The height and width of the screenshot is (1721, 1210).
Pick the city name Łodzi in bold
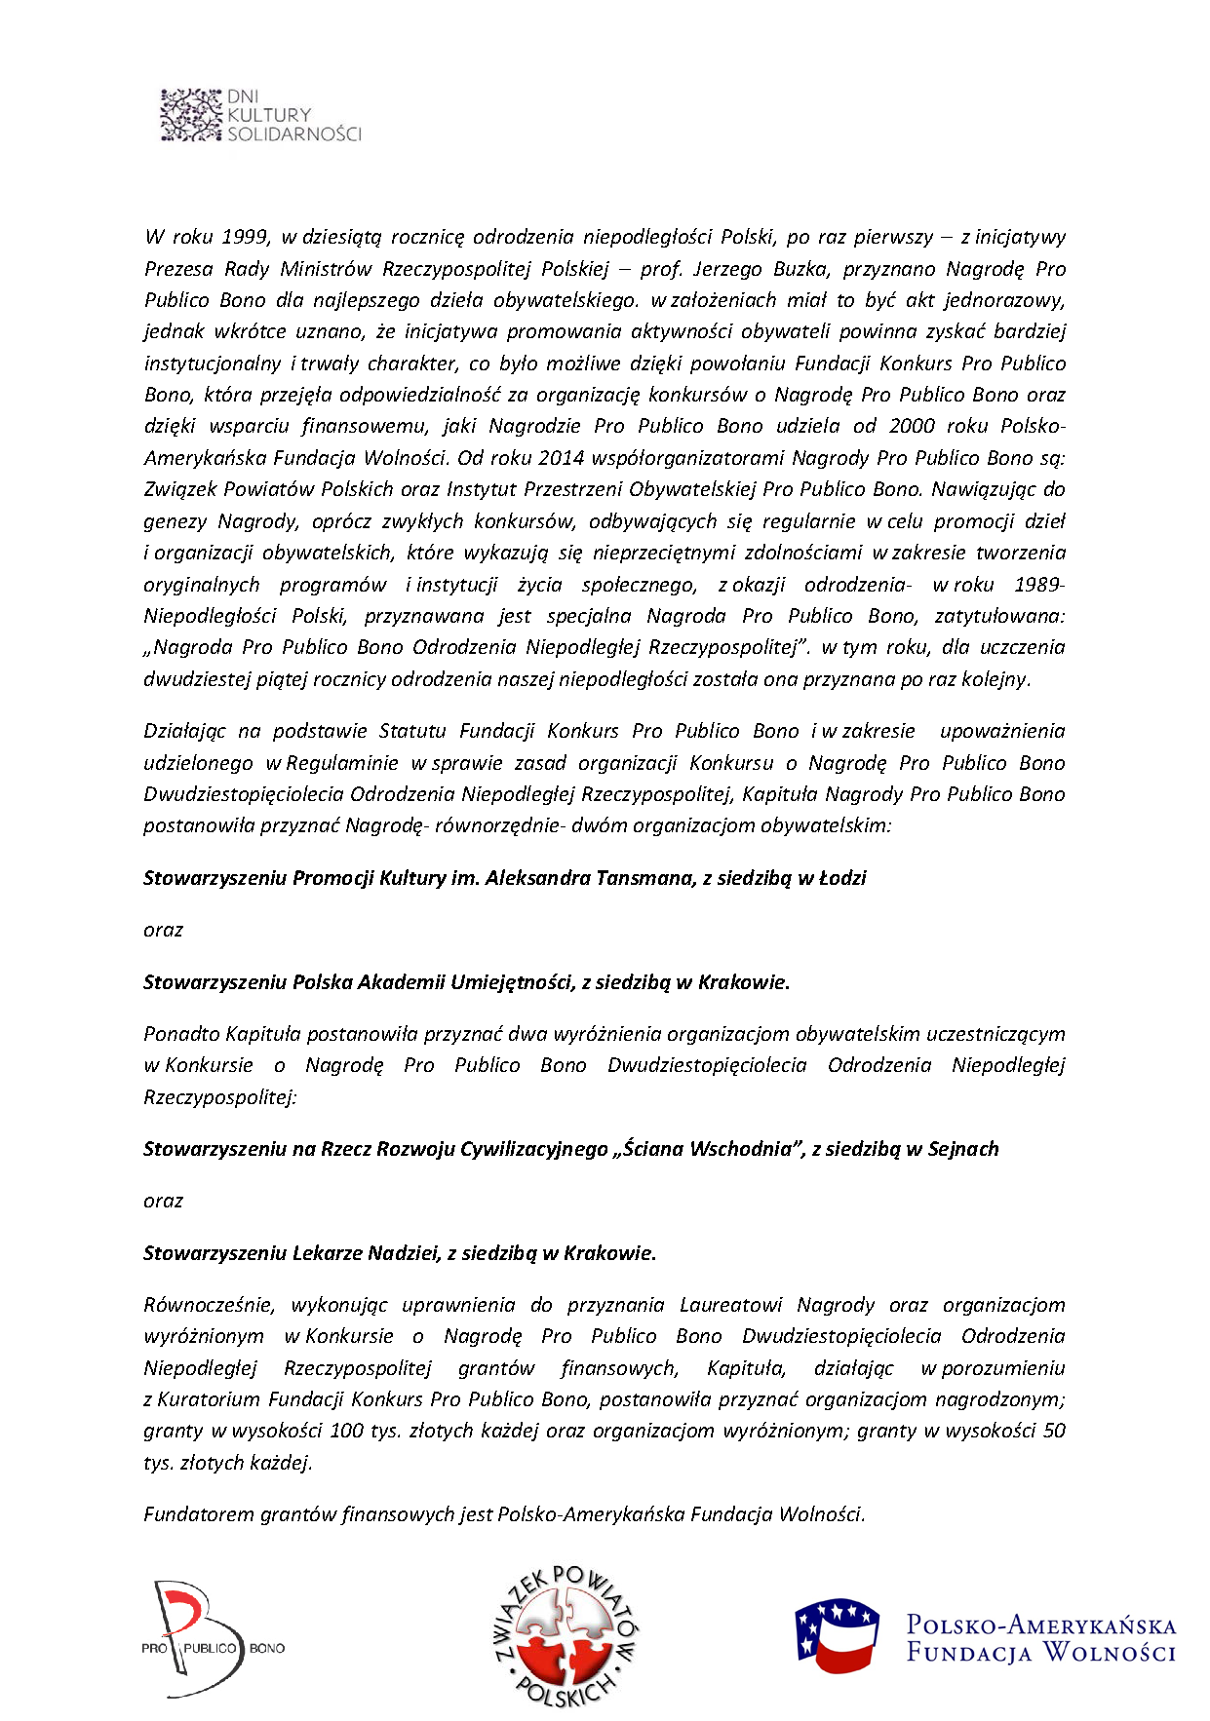[x=842, y=877]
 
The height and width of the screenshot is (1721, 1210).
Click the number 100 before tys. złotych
[x=346, y=1430]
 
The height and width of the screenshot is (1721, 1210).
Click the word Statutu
[x=412, y=730]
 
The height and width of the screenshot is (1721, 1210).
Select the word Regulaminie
[x=342, y=762]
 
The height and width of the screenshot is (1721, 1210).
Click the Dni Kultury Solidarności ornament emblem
[x=191, y=115]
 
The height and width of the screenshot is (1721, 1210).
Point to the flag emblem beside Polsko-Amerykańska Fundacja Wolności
[x=838, y=1633]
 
